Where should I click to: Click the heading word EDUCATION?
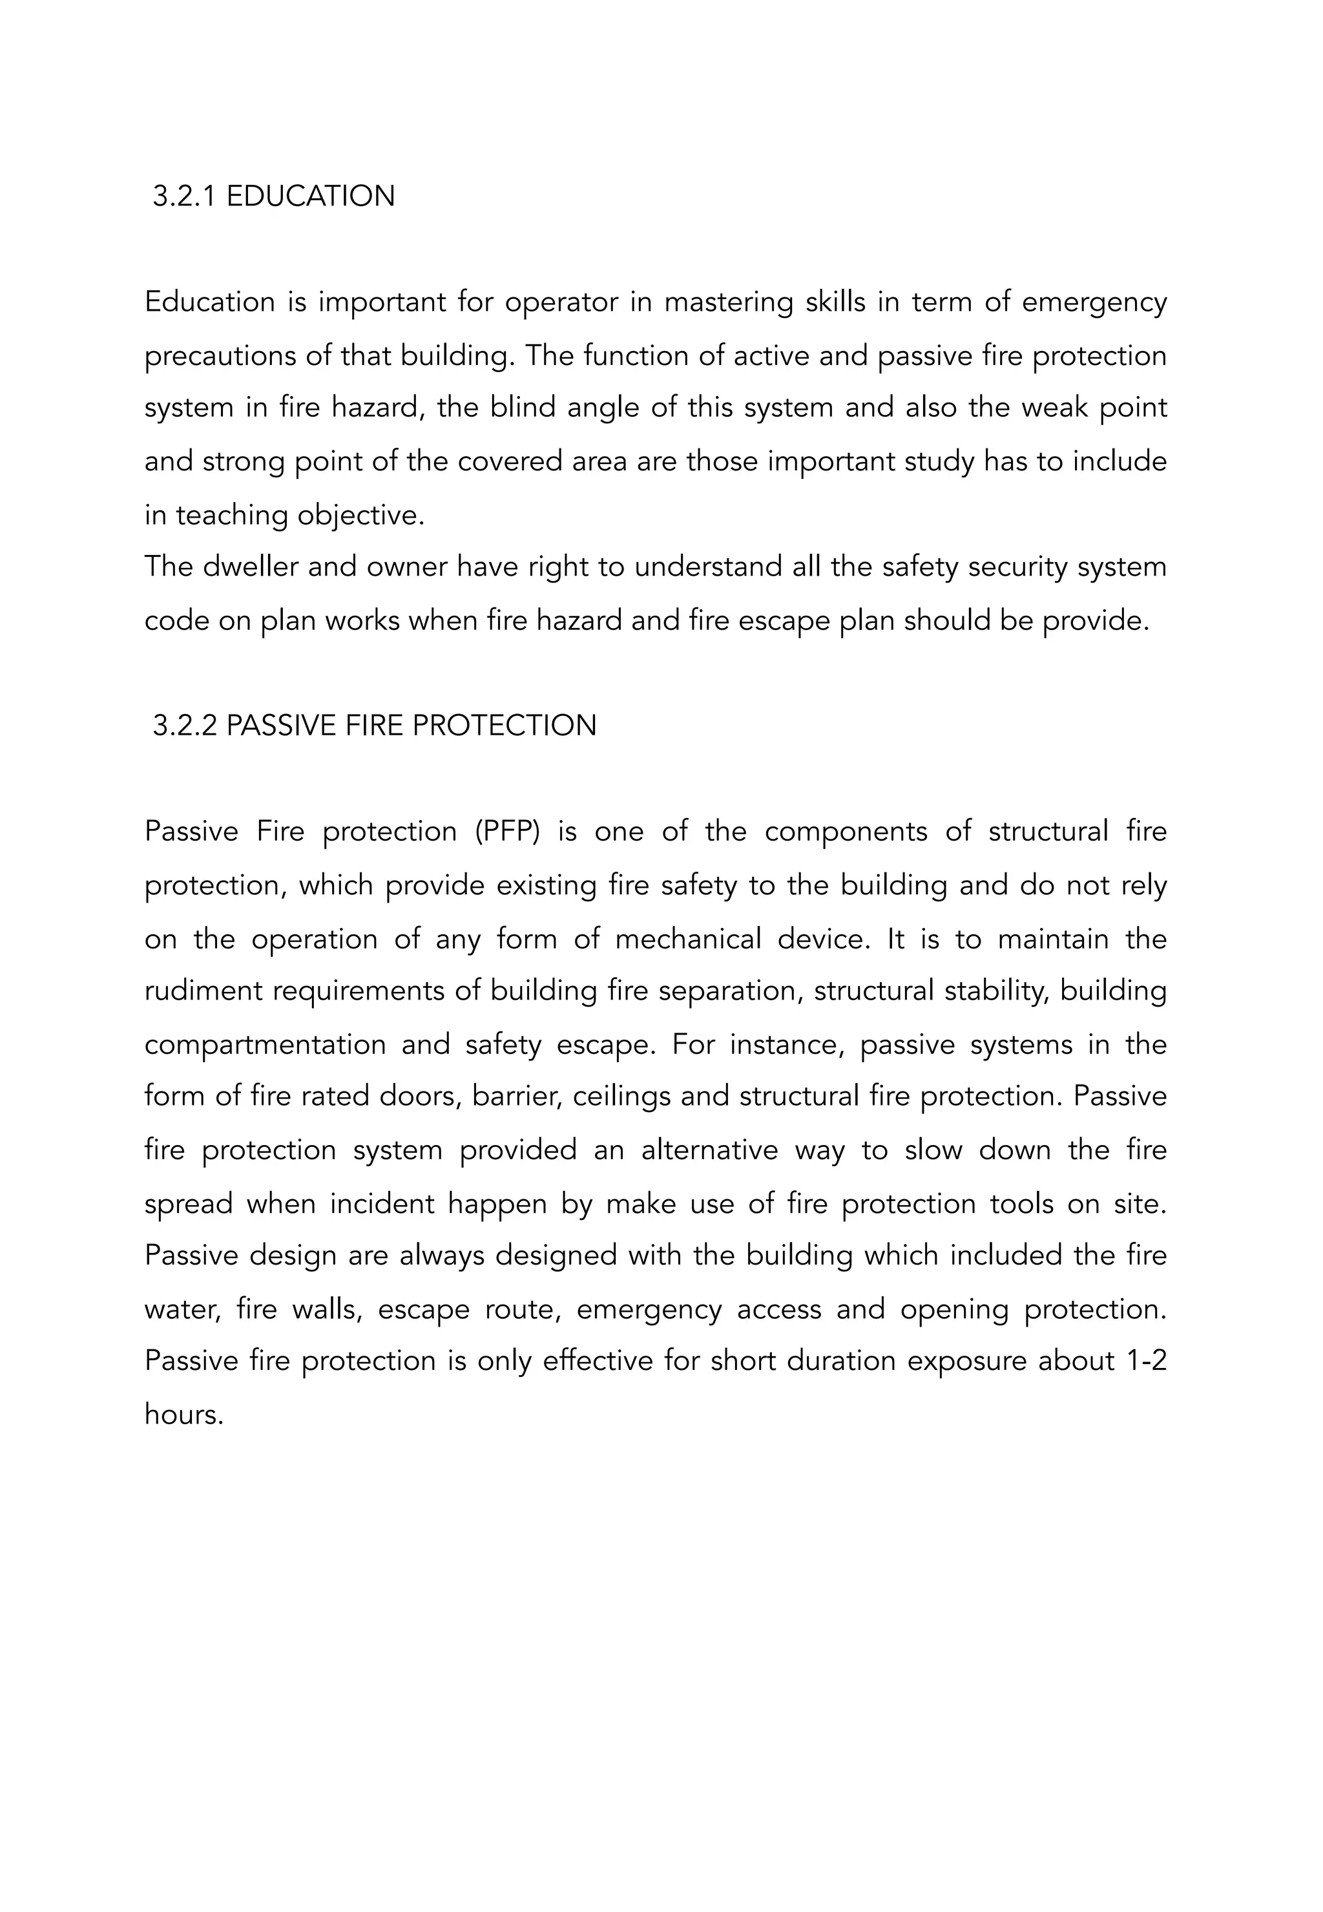coord(310,196)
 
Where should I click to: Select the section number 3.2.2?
coord(184,726)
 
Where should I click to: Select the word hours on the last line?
coord(183,1414)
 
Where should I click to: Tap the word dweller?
coord(251,567)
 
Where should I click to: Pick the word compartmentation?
coord(266,1044)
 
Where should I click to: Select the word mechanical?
coord(687,940)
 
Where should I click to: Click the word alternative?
coord(709,1150)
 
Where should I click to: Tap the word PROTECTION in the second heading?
coord(504,726)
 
